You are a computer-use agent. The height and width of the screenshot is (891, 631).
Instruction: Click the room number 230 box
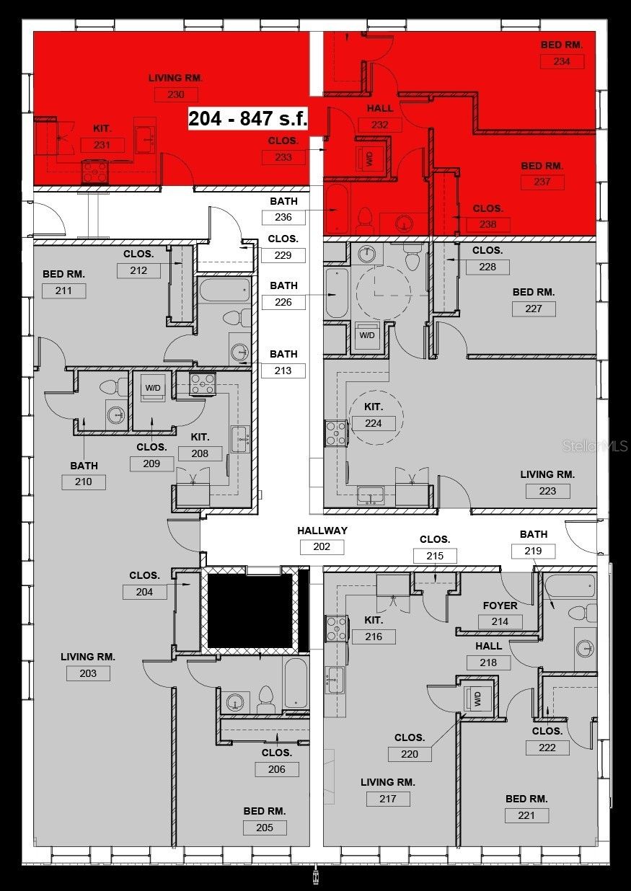pos(175,94)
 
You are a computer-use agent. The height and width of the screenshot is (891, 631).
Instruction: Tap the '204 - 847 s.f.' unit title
pos(248,118)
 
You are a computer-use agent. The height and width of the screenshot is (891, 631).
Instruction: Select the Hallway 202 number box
pos(322,546)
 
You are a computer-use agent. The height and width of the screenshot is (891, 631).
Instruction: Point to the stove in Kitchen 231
pos(94,172)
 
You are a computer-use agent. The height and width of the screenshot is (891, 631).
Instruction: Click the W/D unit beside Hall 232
pos(371,159)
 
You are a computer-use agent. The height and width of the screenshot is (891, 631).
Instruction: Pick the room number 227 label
pos(534,309)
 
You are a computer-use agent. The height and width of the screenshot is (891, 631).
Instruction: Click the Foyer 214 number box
pos(500,621)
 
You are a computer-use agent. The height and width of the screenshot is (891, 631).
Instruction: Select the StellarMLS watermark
pos(595,446)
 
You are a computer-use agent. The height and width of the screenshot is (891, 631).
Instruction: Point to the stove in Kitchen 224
pos(337,433)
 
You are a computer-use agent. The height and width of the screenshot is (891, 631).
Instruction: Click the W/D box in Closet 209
pos(153,388)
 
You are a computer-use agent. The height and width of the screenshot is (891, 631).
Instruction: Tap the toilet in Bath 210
pos(113,386)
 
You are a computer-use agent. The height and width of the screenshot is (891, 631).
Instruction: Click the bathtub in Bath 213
pos(225,290)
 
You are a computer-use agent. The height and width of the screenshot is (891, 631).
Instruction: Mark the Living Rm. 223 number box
pos(547,491)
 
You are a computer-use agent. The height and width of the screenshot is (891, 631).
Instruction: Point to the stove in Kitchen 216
pos(337,629)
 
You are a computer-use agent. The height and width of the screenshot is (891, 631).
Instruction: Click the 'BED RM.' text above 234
pos(561,45)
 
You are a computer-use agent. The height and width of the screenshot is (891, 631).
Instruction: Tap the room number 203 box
pos(88,673)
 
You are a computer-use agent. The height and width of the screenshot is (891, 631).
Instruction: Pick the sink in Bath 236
pos(404,223)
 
